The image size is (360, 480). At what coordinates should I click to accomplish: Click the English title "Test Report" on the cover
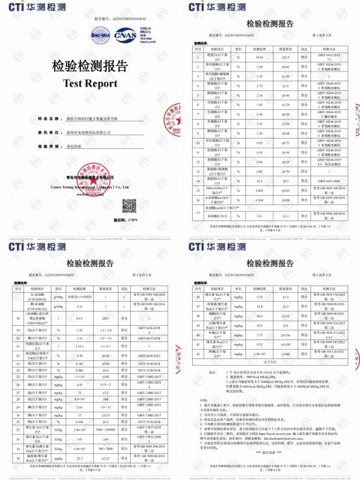[x=90, y=83]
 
